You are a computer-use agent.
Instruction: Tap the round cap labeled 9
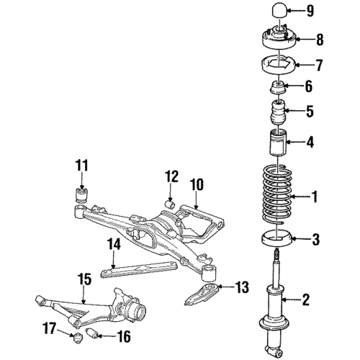point(278,12)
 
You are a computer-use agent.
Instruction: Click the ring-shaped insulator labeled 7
point(278,66)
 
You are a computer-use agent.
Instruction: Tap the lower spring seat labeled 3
point(276,238)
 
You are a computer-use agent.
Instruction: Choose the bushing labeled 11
point(81,195)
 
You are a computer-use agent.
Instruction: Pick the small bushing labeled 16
point(93,335)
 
